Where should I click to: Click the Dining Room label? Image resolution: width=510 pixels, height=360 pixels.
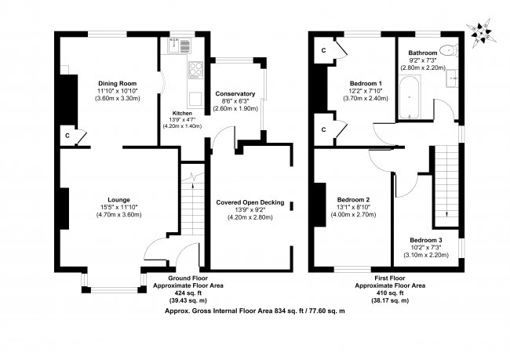[118, 83]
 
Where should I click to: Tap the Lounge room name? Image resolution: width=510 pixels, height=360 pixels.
[118, 200]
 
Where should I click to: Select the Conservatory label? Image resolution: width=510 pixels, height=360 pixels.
[235, 93]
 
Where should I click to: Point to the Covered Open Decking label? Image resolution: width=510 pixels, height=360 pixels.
[250, 202]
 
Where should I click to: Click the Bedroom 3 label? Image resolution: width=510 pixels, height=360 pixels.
[426, 240]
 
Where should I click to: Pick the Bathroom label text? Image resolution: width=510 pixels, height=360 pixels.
[423, 53]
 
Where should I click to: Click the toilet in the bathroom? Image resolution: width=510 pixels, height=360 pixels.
[449, 50]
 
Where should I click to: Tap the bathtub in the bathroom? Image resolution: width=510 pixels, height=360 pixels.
[409, 97]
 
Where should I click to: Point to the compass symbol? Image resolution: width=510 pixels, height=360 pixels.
[482, 33]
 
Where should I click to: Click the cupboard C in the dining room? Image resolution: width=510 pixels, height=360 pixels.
[67, 136]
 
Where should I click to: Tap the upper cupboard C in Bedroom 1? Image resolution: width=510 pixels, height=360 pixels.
[323, 50]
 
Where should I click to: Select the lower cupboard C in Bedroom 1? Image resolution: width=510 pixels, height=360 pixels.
[323, 129]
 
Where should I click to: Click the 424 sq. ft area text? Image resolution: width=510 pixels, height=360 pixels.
[188, 293]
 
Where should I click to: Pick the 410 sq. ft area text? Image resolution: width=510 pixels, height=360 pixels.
[390, 293]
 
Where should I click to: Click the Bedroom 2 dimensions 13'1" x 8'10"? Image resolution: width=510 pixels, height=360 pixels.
[353, 207]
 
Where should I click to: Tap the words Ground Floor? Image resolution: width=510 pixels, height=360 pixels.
[188, 278]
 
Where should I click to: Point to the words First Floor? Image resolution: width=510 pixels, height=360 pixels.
[390, 278]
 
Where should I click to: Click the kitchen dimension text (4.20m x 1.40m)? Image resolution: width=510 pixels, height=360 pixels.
[182, 126]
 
